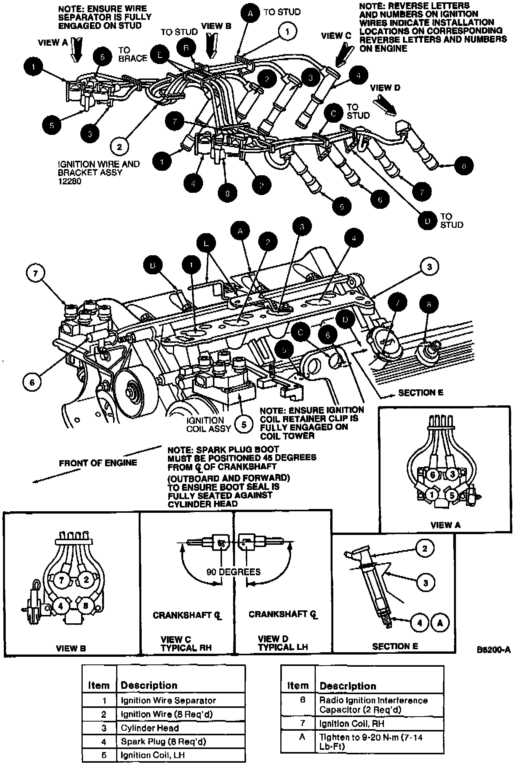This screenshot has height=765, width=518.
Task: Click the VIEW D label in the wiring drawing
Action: point(385,88)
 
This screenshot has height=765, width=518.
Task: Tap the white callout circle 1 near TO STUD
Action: point(287,32)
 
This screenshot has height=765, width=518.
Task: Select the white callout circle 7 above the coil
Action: point(36,273)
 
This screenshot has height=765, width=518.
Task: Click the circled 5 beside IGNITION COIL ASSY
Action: point(244,424)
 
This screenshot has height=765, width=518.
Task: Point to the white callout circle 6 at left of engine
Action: point(32,381)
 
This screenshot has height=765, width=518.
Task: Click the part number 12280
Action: point(69,181)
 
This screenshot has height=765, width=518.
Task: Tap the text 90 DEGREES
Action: point(233,572)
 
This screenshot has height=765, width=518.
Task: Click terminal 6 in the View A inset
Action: point(432,475)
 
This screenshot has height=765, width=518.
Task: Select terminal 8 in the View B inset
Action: point(86,605)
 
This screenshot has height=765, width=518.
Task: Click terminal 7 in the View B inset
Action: point(62,580)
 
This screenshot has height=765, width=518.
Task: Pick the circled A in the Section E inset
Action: point(440,623)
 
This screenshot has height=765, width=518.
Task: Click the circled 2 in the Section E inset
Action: point(425,548)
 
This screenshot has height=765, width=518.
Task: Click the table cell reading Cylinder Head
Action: point(150,728)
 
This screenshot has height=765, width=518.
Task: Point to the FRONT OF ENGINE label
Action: point(98,463)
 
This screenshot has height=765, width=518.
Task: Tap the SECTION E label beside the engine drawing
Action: point(421,393)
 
